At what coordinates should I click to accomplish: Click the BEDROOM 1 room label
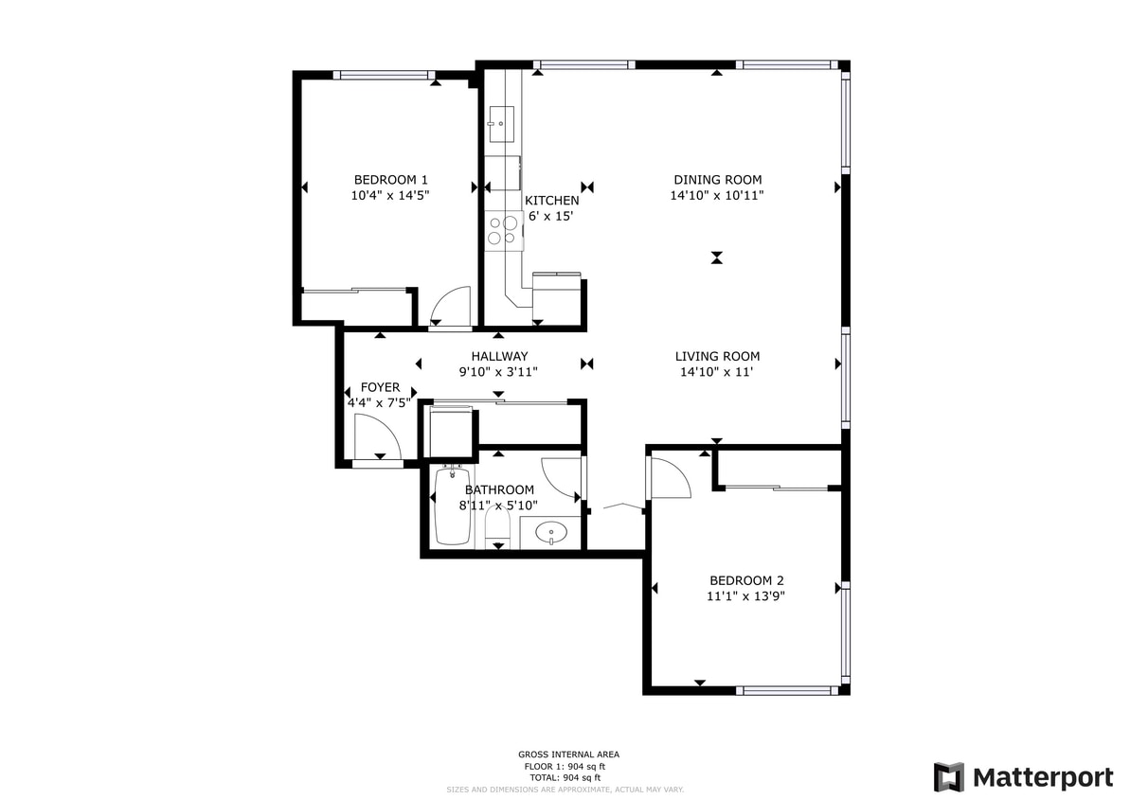pos(390,180)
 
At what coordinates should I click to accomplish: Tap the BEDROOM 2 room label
pos(746,580)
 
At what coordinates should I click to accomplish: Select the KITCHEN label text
pos(551,201)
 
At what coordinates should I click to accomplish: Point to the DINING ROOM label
pos(717,180)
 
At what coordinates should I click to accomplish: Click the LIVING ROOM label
pos(717,357)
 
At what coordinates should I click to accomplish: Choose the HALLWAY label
pos(499,357)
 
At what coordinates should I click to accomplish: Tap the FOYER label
pos(381,388)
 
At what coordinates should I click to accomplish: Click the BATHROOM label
pos(499,489)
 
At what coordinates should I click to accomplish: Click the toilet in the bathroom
pos(497,525)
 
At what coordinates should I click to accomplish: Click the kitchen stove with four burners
pos(502,231)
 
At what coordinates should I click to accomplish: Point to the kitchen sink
pos(500,122)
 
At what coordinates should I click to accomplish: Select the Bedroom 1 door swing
pos(449,306)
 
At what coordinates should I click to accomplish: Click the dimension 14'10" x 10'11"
pos(717,195)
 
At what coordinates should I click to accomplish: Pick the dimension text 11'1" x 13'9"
pos(746,596)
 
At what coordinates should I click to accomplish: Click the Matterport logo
pos(1023,777)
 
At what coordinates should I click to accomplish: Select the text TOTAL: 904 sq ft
pos(565,777)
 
